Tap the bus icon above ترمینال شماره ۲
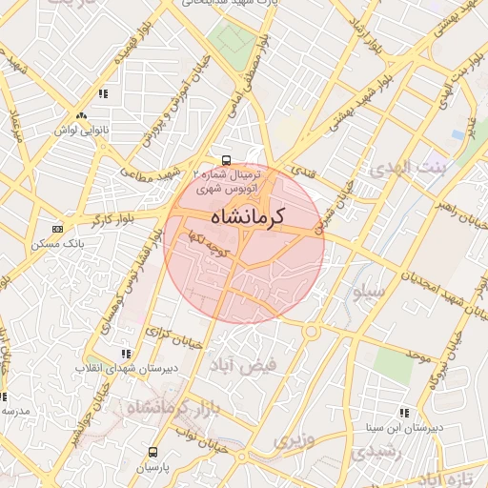click(226, 160)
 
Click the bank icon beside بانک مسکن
click(58, 229)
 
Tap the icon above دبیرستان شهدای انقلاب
click(127, 354)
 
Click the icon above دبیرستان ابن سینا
click(404, 413)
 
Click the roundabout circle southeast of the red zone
click(313, 331)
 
